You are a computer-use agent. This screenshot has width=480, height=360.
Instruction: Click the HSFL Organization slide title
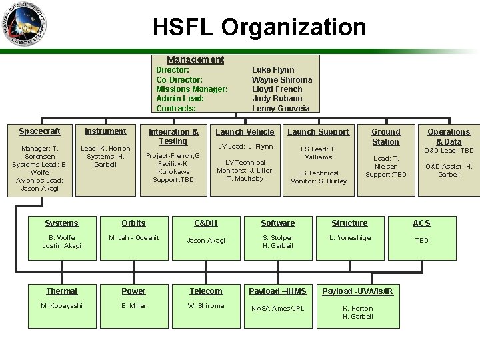(x=259, y=27)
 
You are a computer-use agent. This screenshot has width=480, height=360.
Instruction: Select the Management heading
(x=195, y=59)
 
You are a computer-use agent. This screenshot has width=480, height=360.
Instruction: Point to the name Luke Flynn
(x=273, y=69)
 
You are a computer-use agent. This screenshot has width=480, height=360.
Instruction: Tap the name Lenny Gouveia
(x=281, y=108)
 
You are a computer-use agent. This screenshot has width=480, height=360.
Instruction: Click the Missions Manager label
(x=191, y=89)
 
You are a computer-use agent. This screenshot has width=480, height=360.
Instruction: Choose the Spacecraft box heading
(x=39, y=131)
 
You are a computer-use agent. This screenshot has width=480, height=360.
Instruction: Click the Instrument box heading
(x=105, y=131)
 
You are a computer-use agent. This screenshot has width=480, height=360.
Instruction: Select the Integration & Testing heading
(x=173, y=136)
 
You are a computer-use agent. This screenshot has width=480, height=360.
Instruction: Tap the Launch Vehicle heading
(x=245, y=132)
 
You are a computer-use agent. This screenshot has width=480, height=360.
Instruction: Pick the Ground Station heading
(x=385, y=136)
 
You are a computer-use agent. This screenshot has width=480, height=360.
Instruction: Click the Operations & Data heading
(x=448, y=137)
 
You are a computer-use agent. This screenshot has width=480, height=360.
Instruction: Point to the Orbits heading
(x=134, y=223)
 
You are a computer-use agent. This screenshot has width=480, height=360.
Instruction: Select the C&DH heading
(x=205, y=223)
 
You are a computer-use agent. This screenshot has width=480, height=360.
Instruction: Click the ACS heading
(x=421, y=223)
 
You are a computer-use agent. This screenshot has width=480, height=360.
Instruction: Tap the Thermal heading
(x=62, y=291)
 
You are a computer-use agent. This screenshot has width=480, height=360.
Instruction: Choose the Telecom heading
(x=205, y=291)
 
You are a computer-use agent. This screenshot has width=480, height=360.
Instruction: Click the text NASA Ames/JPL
(x=277, y=309)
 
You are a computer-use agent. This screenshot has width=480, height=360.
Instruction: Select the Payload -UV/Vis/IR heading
(x=357, y=291)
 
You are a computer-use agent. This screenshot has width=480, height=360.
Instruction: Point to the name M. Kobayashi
(x=61, y=306)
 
